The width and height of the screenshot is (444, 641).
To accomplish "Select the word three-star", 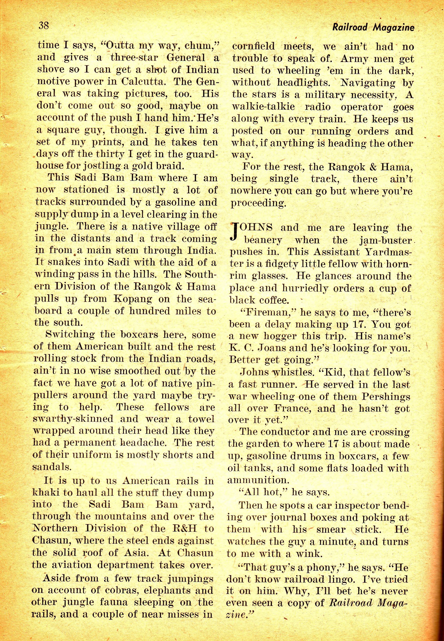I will (134, 58).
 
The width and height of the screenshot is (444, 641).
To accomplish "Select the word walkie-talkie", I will (263, 107).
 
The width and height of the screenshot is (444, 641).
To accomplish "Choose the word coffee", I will (274, 300).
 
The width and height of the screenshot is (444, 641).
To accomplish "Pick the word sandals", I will (52, 467).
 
